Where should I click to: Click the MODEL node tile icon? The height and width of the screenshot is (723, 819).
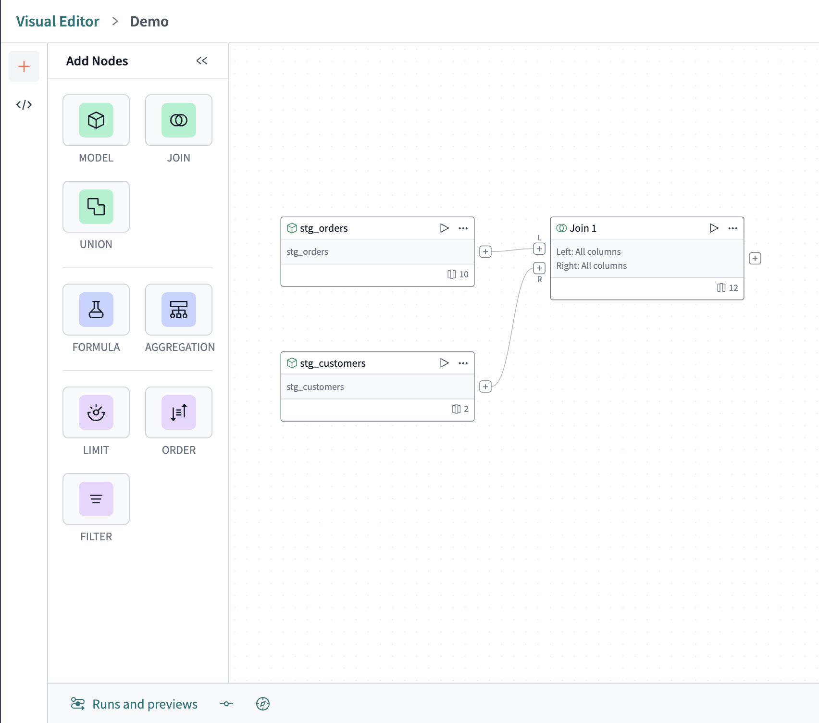(x=96, y=120)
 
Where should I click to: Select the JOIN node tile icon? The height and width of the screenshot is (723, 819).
(x=179, y=120)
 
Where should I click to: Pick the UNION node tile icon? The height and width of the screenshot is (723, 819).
(x=96, y=207)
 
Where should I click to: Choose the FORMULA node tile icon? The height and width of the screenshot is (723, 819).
(x=96, y=310)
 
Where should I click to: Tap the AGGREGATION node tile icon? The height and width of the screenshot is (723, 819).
(x=179, y=310)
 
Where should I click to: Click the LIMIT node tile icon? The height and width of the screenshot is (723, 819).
(x=96, y=412)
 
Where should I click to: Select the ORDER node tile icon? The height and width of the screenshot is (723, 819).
(x=179, y=412)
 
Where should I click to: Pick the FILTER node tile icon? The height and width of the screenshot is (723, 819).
(x=96, y=499)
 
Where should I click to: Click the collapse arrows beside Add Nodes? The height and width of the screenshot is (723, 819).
(x=201, y=61)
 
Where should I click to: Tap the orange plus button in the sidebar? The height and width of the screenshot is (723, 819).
(x=24, y=66)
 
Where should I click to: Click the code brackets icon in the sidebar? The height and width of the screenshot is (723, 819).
(x=24, y=105)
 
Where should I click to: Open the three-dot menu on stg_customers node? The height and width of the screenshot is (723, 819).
(x=463, y=363)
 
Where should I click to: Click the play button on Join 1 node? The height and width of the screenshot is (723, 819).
(x=714, y=228)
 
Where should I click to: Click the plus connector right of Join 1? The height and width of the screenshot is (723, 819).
(x=755, y=259)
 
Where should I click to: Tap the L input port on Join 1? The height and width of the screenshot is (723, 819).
(x=539, y=249)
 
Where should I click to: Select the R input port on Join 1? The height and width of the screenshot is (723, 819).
(x=539, y=268)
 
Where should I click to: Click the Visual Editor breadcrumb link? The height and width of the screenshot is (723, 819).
(x=58, y=22)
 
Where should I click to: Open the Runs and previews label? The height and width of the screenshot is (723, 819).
(x=145, y=704)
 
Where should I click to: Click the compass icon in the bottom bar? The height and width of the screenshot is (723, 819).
(x=263, y=704)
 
